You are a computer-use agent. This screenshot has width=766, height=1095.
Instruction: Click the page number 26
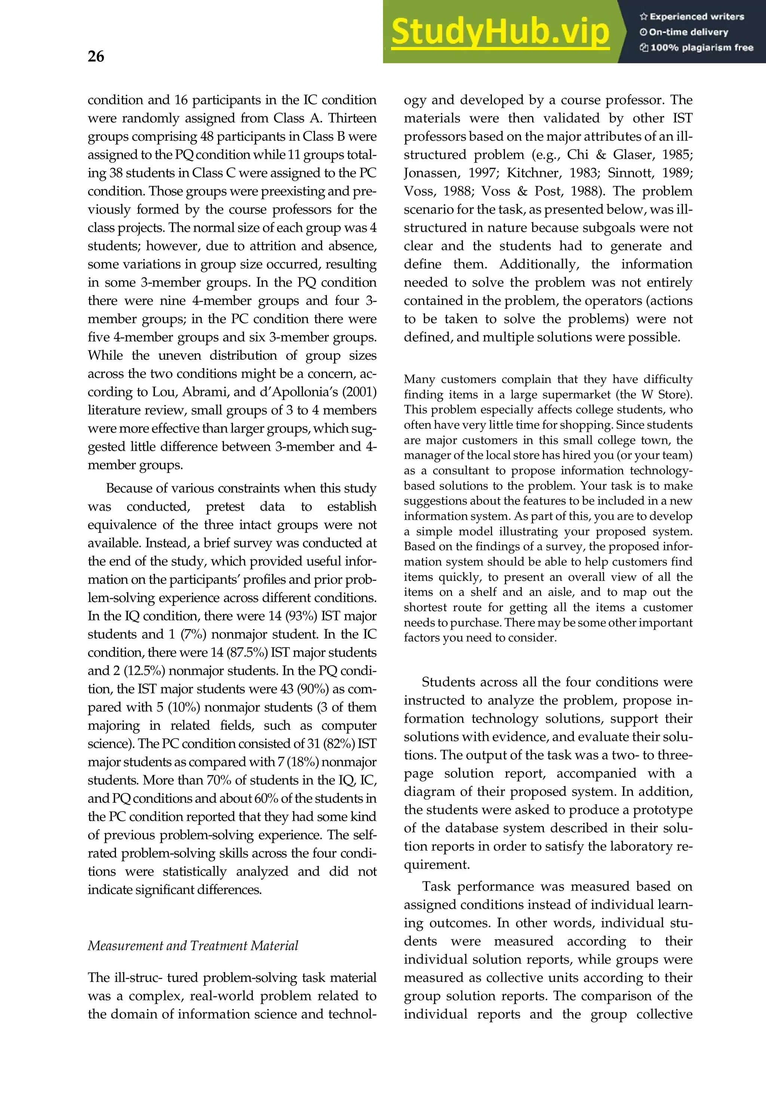[x=96, y=57]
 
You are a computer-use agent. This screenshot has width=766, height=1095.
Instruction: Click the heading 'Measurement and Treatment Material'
[x=193, y=946]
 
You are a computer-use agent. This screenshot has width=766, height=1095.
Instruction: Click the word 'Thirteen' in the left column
[x=352, y=118]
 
